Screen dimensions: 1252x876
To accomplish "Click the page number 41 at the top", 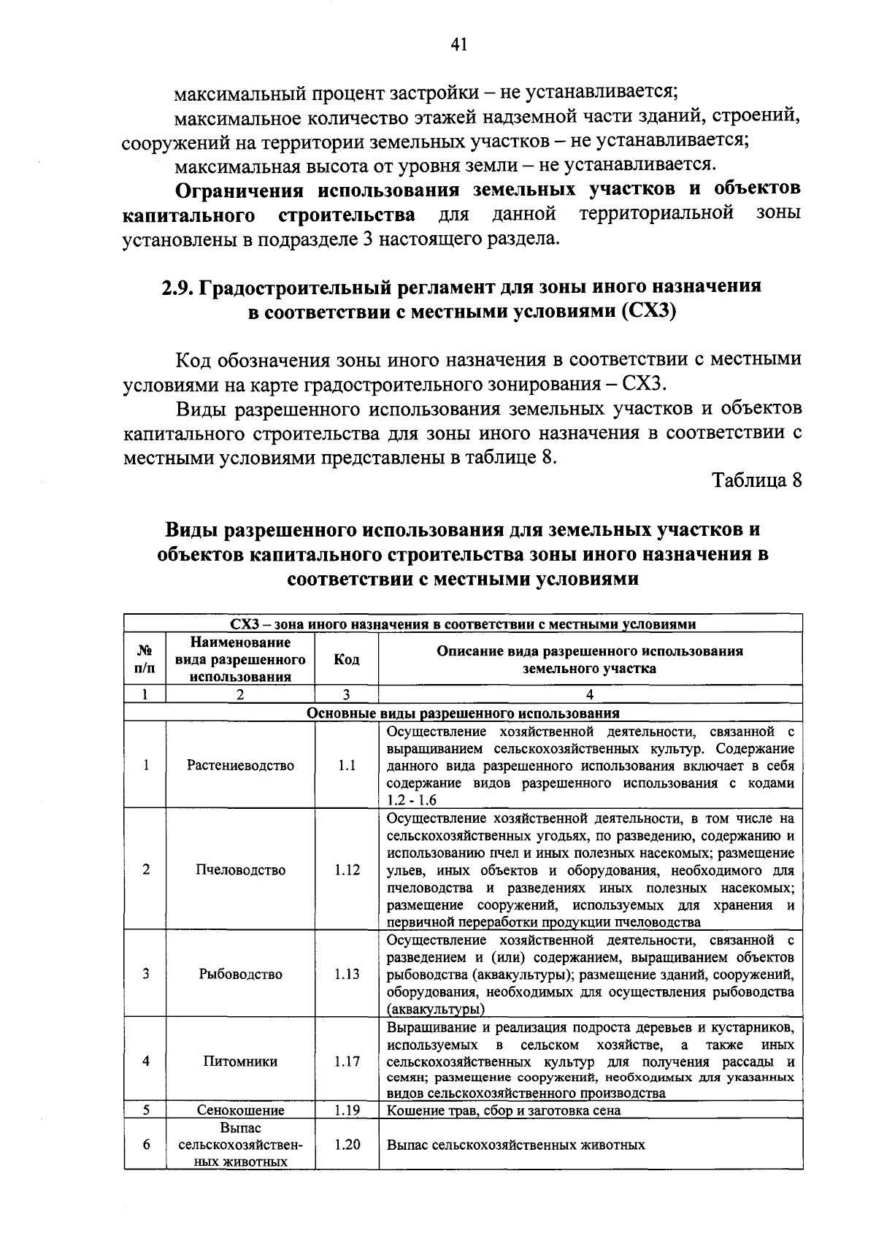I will tap(458, 45).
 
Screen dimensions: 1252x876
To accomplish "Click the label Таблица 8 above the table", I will tap(757, 480).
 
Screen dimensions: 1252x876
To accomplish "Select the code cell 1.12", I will tap(347, 869).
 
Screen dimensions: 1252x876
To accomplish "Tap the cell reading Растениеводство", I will tap(240, 765).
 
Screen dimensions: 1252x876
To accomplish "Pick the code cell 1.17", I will tap(347, 1061).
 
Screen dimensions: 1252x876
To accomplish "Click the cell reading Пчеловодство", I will tap(240, 869).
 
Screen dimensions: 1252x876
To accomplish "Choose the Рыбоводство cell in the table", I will tap(240, 974).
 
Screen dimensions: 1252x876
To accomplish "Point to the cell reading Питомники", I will tap(240, 1061).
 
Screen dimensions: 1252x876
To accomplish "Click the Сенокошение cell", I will tap(240, 1110).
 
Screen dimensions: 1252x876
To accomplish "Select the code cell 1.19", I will tap(347, 1110).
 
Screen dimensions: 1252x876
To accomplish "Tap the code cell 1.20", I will tap(347, 1145).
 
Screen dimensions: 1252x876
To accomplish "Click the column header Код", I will tap(346, 659).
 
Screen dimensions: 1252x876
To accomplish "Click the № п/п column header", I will tap(146, 659).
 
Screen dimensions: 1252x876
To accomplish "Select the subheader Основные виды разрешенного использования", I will tap(463, 713).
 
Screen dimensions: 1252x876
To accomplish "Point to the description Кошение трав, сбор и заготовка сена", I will tap(504, 1110).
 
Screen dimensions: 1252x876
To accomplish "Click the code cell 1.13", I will tap(347, 974).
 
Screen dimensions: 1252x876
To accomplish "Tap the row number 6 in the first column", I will tap(146, 1145).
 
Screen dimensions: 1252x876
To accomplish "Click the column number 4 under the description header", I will tap(590, 695).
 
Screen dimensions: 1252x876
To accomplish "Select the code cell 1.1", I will tap(347, 765).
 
